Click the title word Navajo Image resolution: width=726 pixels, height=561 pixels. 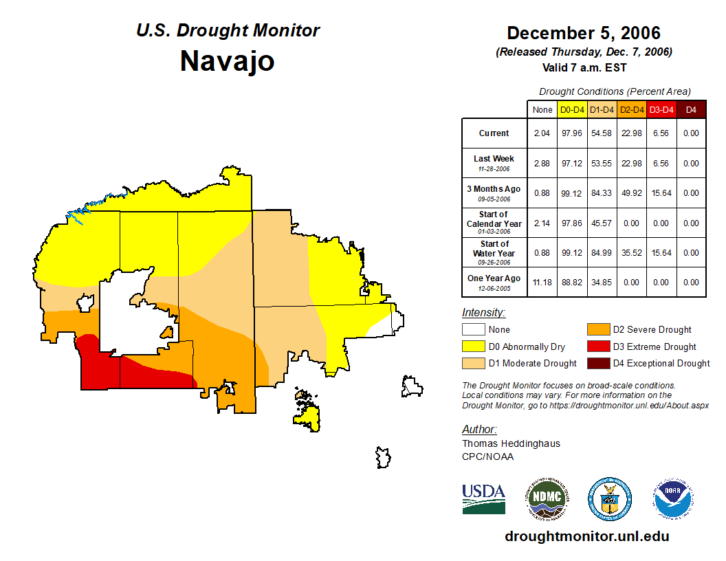[227, 61]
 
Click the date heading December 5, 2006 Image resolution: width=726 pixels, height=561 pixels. [583, 33]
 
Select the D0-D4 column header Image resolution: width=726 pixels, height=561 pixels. [572, 109]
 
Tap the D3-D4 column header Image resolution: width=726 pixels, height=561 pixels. [661, 109]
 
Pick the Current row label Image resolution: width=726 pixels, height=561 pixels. [494, 133]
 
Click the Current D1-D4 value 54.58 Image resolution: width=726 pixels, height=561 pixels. [602, 133]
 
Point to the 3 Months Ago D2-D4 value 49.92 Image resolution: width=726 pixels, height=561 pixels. [631, 193]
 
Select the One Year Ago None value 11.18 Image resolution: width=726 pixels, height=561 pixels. [542, 283]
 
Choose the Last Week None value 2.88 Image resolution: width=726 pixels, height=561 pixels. [542, 164]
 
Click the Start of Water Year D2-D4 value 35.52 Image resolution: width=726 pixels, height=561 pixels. [631, 253]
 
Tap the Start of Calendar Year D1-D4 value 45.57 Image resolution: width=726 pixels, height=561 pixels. [602, 223]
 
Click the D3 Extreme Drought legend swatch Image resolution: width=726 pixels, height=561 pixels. [597, 346]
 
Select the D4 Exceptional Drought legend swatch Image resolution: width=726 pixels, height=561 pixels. [597, 363]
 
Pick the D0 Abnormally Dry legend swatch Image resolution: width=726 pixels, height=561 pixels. [473, 346]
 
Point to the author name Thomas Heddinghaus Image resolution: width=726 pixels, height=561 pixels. [511, 443]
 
